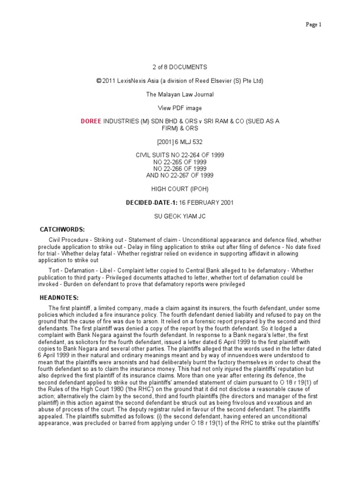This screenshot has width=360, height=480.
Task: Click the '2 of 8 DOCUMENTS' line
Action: pos(180,67)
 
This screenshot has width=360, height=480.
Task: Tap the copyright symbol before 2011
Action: pos(98,81)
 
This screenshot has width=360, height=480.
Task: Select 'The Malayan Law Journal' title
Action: pos(180,94)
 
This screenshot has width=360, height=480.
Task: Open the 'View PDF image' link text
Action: pos(180,108)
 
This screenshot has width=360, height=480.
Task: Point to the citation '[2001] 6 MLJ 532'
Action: pos(180,141)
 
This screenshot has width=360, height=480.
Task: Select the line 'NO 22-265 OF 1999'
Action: pos(180,162)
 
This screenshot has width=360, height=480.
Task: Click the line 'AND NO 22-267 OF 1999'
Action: pos(180,175)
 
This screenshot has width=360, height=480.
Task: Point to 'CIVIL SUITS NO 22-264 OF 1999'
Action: pos(180,155)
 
